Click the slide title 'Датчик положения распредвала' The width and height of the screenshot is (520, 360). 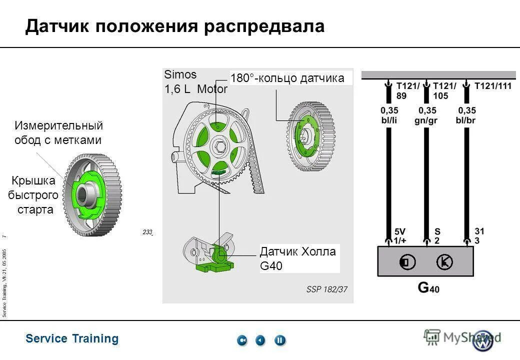175,26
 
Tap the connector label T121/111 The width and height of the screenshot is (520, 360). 493,86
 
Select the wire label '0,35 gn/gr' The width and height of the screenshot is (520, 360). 426,114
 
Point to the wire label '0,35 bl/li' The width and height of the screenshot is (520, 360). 390,114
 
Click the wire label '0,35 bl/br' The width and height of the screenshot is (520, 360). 465,114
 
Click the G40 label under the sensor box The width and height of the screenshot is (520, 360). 428,287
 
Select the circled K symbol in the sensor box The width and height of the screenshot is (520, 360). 443,261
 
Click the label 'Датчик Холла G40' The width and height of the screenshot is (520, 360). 298,258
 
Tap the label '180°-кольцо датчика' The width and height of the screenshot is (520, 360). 287,78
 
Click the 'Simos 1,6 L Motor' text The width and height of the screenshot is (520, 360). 195,82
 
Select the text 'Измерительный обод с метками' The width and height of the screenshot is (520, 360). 58,132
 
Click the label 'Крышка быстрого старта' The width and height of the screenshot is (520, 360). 34,194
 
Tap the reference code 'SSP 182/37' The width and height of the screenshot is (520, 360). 326,289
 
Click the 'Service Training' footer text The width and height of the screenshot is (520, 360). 72,338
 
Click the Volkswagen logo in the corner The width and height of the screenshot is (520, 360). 482,340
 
